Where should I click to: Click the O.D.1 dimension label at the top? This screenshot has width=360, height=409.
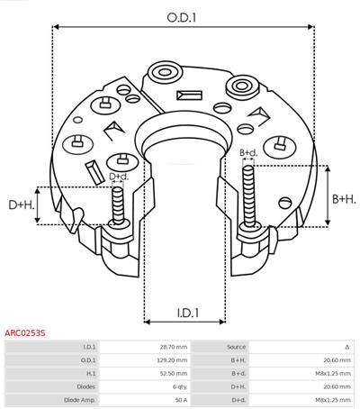182,18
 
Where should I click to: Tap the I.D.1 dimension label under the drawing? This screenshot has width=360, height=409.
188,314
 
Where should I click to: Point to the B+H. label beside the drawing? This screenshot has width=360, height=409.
344,199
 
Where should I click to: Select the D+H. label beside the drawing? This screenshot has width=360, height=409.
22,205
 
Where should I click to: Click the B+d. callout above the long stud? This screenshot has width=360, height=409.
248,153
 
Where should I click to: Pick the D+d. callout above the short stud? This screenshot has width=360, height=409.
119,177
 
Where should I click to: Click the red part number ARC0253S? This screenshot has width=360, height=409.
25,333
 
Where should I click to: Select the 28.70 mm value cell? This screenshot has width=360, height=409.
174,347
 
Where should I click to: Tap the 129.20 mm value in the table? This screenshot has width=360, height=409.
172,360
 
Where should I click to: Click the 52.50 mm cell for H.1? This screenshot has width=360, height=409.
174,373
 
